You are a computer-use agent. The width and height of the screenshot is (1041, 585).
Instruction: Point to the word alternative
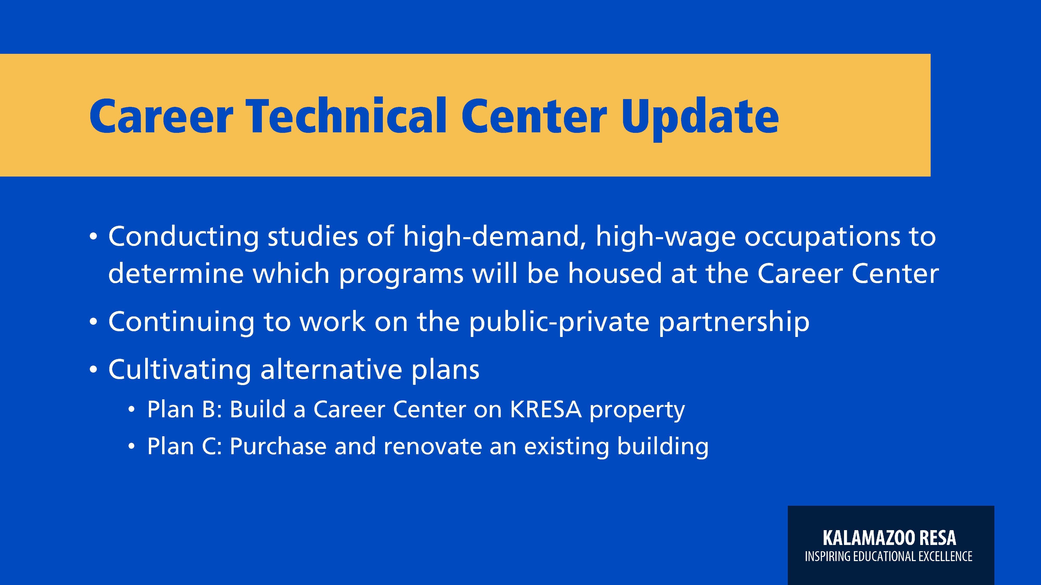[331, 369]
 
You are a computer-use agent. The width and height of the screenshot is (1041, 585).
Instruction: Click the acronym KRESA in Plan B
[545, 409]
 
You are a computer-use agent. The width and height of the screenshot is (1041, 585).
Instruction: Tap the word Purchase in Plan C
[278, 446]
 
